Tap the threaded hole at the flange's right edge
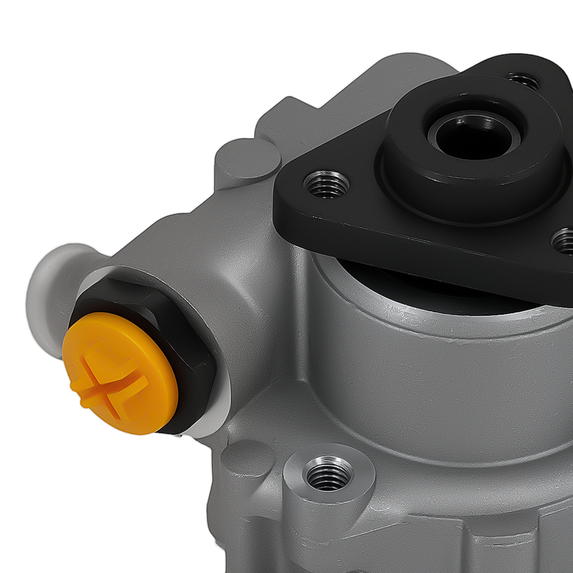coord(564,241)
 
